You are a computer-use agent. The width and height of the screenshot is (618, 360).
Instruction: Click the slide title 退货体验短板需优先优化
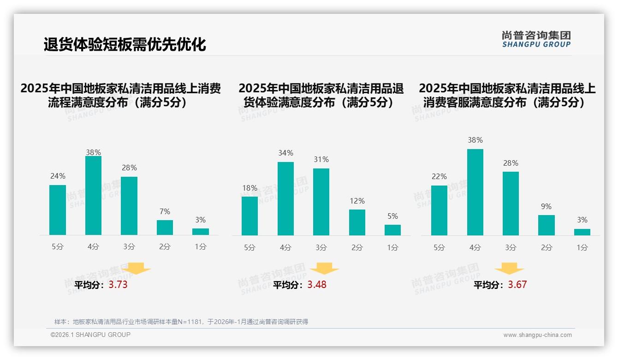125,44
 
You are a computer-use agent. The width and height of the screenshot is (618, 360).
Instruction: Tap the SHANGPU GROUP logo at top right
536,39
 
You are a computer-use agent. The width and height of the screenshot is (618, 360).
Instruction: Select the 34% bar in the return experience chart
285,198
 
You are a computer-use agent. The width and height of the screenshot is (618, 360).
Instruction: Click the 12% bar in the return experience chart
357,222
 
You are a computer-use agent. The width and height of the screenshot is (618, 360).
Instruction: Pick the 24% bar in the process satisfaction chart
58,210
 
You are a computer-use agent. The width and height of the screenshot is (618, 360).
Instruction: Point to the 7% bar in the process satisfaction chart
165,228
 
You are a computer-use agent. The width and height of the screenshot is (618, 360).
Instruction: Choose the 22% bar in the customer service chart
439,210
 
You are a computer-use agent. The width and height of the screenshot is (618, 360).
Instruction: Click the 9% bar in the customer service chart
547,225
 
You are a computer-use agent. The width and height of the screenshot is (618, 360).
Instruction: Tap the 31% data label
321,160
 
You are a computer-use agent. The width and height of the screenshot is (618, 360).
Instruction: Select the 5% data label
392,216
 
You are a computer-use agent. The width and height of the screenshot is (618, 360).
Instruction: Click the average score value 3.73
118,285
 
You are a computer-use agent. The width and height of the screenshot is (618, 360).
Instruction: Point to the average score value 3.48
317,285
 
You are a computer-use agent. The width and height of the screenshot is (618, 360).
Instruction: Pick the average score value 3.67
517,285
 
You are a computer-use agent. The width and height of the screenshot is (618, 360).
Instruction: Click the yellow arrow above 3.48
324,269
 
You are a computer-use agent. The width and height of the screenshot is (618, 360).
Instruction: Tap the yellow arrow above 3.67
509,269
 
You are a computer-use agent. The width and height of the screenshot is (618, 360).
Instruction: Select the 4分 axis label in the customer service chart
475,247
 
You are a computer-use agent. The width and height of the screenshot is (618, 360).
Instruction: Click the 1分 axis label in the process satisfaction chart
201,247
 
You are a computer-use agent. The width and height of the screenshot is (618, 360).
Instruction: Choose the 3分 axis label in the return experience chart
321,247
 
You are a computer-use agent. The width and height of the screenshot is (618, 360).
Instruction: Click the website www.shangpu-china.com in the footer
537,335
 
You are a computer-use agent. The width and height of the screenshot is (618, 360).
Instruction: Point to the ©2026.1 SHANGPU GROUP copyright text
90,335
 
